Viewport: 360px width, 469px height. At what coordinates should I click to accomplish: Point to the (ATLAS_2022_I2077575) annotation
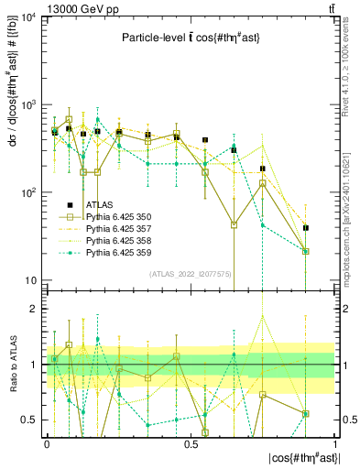190,274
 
